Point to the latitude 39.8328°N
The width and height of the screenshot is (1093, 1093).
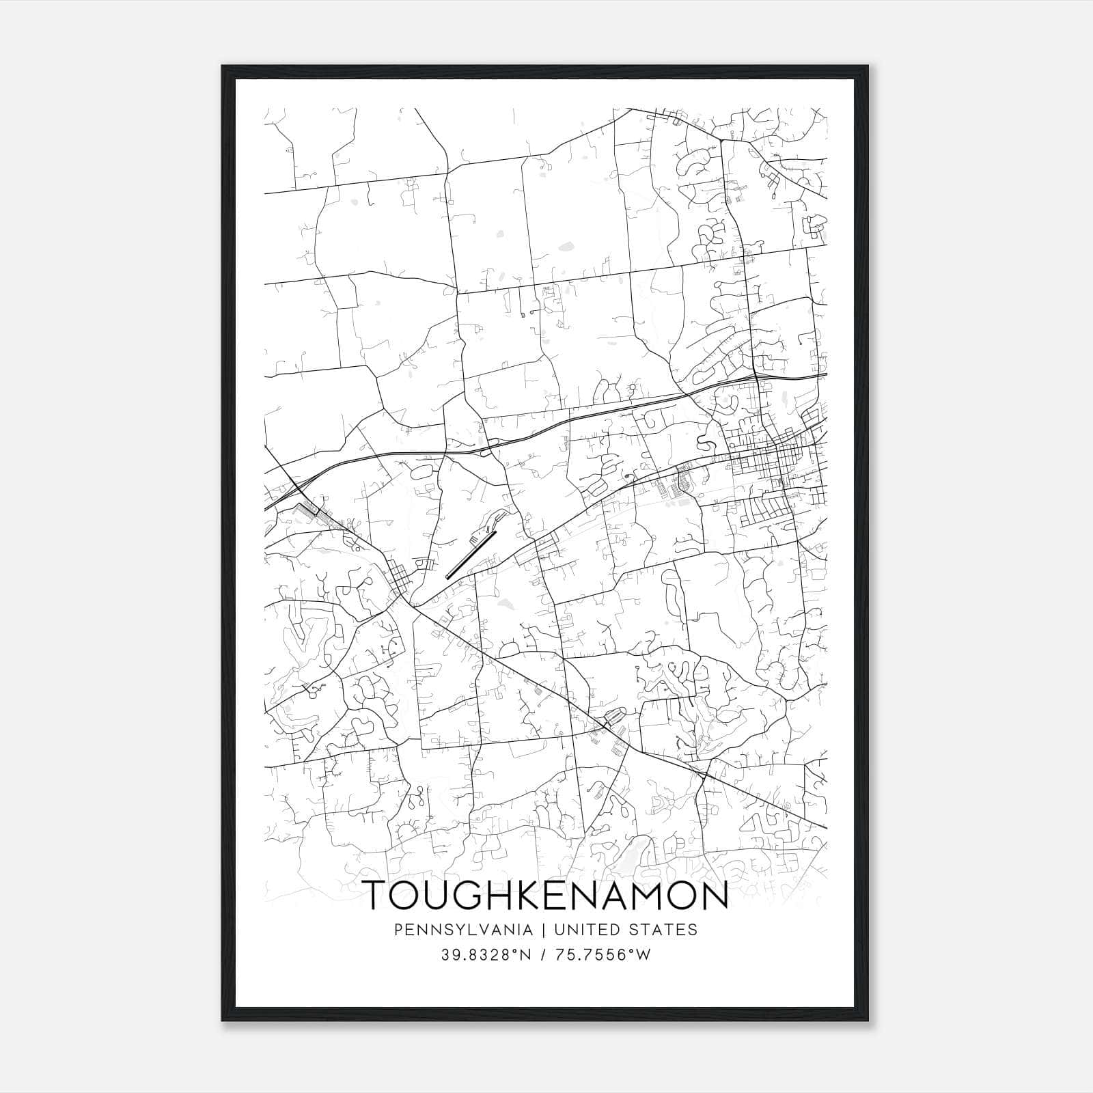click(486, 955)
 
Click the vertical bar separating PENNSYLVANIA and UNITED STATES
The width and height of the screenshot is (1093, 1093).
click(544, 930)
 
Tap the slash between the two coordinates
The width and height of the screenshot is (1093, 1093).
click(544, 955)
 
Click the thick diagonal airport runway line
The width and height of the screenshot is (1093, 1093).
click(471, 555)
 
